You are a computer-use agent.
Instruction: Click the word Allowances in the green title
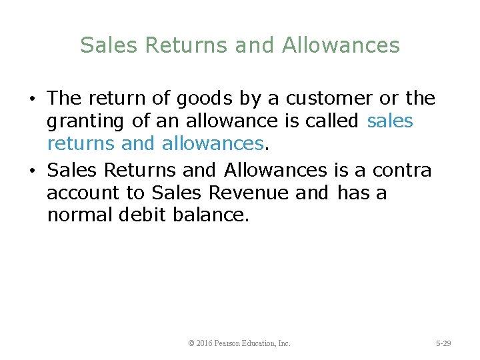click(x=341, y=45)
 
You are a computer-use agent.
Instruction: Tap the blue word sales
click(x=390, y=122)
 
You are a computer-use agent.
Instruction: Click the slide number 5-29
click(x=443, y=343)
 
